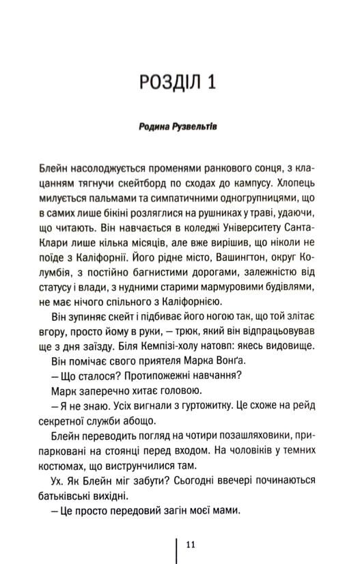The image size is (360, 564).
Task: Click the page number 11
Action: pos(190,544)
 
